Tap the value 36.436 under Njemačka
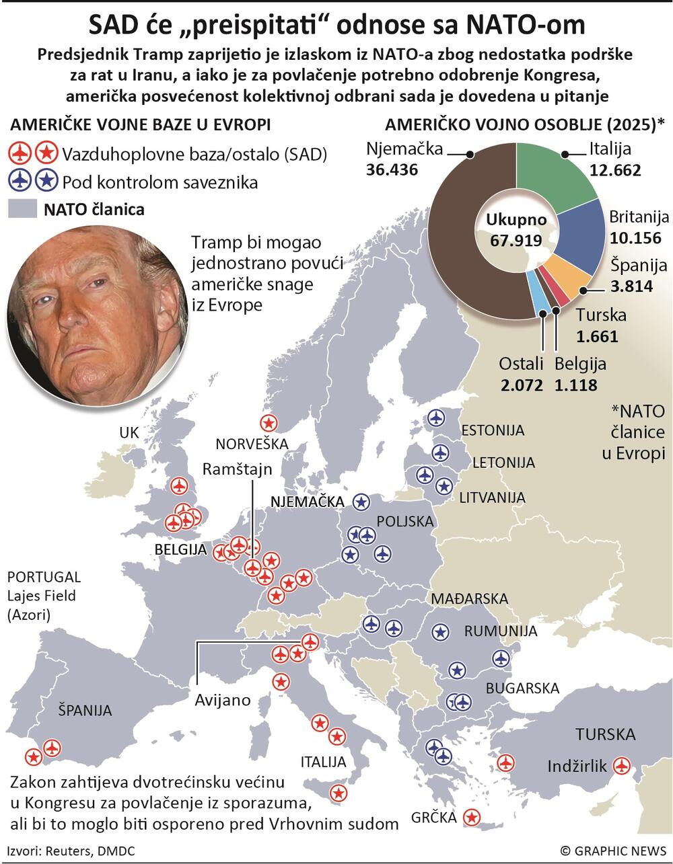pos(392,169)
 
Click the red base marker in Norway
pos(269,423)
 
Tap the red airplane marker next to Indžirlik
pos(622,765)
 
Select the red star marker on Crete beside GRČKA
pos(473,817)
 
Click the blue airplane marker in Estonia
pos(437,418)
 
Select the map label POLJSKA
pos(405,521)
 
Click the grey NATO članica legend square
pos(22,209)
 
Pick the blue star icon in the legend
pos(46,181)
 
